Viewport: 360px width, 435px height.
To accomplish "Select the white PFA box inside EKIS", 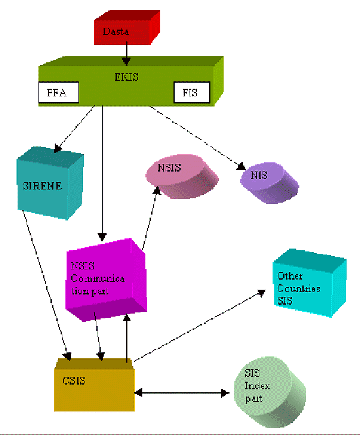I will coord(57,93).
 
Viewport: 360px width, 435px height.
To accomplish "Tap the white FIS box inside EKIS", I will coord(192,93).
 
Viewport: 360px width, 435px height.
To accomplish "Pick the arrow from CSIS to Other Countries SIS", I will coord(196,328).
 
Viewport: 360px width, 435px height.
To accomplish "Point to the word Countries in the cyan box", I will coord(298,288).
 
